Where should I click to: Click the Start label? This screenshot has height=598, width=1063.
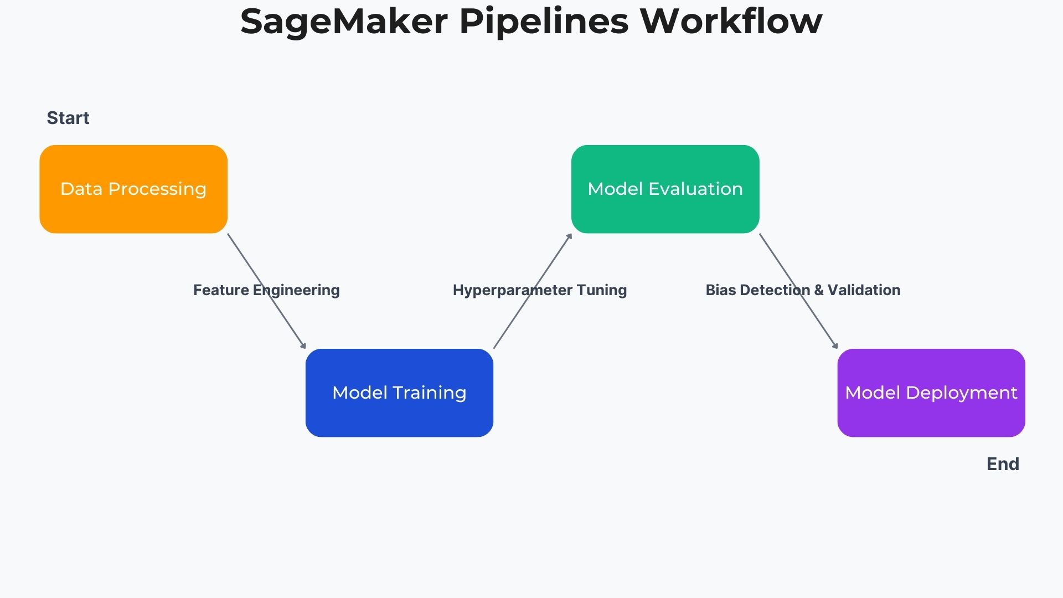(x=68, y=118)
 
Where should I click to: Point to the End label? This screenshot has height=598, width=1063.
(x=1003, y=464)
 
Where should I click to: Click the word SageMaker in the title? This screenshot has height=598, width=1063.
(x=344, y=22)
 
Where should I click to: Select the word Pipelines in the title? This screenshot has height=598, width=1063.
(x=544, y=22)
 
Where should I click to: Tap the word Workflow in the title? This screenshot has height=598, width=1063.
(x=731, y=22)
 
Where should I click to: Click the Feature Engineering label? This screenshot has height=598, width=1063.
(x=266, y=290)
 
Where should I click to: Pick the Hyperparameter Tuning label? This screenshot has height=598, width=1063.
(x=540, y=290)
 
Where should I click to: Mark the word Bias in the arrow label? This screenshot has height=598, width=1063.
(x=721, y=290)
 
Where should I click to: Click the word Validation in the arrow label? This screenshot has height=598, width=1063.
(x=864, y=290)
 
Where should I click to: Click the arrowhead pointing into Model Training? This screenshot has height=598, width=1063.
(x=303, y=346)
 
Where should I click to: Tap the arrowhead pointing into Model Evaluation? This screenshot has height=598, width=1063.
(x=569, y=236)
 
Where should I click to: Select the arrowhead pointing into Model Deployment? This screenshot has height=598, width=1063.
(x=835, y=346)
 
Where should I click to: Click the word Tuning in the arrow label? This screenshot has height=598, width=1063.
(x=602, y=290)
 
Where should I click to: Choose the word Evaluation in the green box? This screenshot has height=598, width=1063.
(x=695, y=189)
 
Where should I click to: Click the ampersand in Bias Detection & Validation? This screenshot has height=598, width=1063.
(x=819, y=290)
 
